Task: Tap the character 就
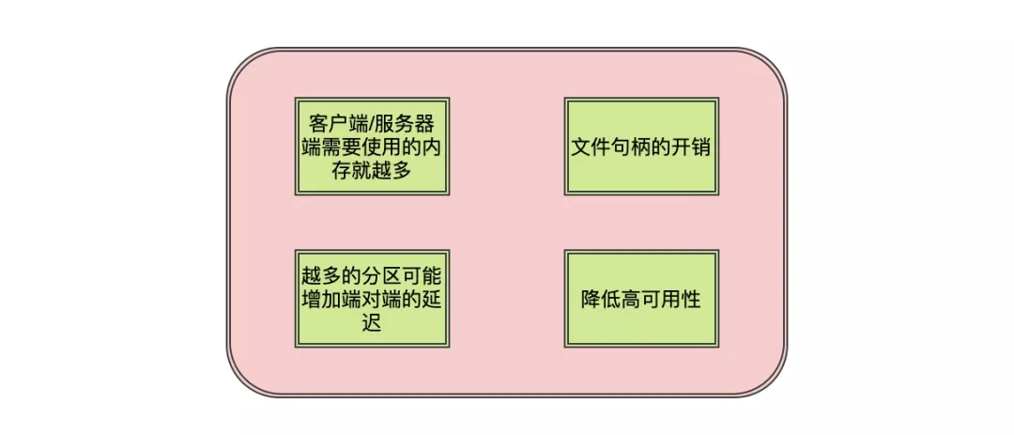[x=361, y=171]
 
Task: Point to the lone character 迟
[x=372, y=323]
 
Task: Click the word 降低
[x=604, y=300]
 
